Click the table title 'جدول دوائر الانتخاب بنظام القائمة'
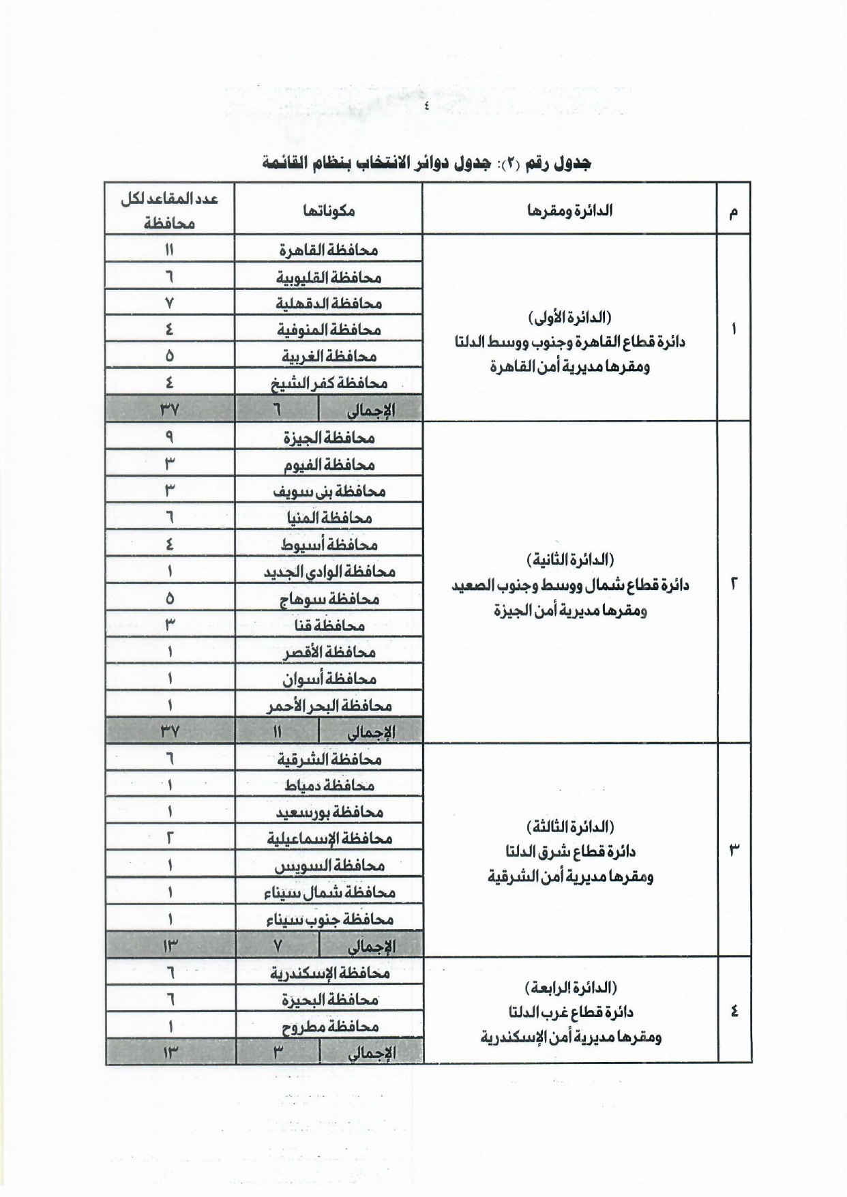[426, 163]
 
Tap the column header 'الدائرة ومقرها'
[569, 210]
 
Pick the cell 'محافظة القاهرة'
[329, 250]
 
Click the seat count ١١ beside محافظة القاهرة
[169, 250]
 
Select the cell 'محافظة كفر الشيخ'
[329, 383]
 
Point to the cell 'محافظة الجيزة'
[329, 438]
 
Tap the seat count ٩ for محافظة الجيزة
[169, 438]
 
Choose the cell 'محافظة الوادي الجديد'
[329, 572]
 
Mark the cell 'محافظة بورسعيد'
[329, 812]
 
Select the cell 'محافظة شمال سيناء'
[329, 892]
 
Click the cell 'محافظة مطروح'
[329, 1026]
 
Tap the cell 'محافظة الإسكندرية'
[329, 973]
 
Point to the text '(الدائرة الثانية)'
[570, 560]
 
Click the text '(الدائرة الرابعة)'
[570, 987]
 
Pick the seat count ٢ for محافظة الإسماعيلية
[169, 838]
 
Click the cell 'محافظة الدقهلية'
[329, 304]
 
